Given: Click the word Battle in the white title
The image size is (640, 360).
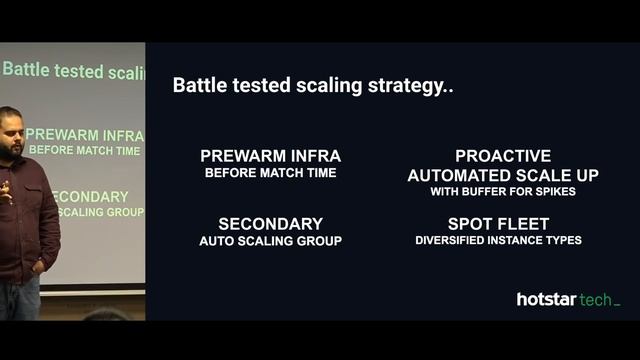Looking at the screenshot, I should pos(198,85).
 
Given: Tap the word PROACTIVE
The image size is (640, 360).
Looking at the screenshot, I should pos(503,156).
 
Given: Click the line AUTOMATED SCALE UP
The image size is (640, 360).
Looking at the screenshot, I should pos(503,175).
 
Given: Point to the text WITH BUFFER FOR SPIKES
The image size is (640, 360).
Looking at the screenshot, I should pos(503,191).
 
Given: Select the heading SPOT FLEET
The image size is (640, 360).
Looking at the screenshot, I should pos(498,224).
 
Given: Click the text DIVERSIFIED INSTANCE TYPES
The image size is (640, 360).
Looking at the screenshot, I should pos(498,240).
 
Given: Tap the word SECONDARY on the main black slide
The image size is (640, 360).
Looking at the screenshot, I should pos(270,224).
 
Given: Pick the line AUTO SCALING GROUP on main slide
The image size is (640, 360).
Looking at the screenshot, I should pos(270,241).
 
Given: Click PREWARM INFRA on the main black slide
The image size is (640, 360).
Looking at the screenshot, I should pos(270,156).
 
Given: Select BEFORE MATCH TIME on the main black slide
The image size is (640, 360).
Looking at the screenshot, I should pos(270,173).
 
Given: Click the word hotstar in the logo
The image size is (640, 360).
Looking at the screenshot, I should pos(549,299).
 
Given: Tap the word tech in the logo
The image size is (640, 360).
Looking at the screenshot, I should pos(598,299).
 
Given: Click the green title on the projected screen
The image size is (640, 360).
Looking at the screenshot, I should pos(74,70).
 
